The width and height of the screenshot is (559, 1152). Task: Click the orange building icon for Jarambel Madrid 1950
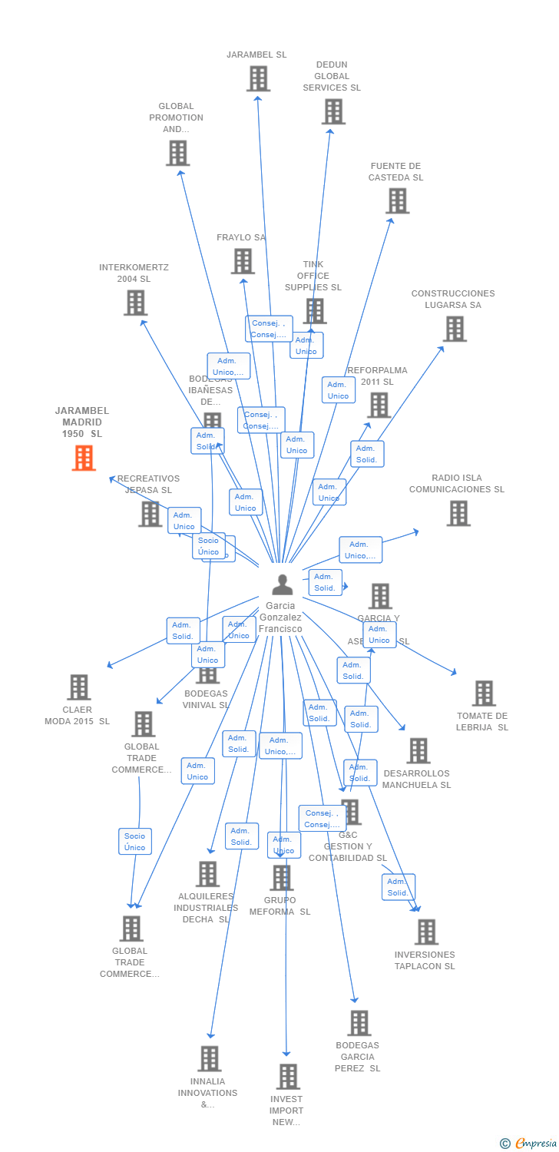(x=84, y=458)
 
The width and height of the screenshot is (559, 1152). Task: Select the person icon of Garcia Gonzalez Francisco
(x=283, y=585)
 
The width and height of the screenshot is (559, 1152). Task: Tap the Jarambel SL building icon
(x=258, y=78)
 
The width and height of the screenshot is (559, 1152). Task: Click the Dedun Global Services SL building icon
(x=332, y=111)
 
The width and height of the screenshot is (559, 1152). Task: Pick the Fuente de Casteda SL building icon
(x=397, y=200)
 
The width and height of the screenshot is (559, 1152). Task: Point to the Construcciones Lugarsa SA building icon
(x=455, y=329)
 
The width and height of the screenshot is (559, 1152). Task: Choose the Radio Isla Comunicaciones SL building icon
(x=458, y=513)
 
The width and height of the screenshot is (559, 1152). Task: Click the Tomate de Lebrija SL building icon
(x=483, y=693)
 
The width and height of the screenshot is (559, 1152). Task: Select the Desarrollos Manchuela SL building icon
(x=418, y=750)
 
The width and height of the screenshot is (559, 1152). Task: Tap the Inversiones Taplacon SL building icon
(x=425, y=932)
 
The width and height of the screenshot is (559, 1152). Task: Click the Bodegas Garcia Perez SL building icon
(x=359, y=1022)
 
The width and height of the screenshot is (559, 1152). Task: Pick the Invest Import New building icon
(x=288, y=1076)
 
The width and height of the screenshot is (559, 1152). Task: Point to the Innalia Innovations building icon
(x=209, y=1058)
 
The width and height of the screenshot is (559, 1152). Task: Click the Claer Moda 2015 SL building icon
(x=78, y=687)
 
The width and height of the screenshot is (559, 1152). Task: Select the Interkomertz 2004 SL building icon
(x=135, y=303)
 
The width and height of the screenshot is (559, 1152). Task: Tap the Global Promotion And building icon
(x=177, y=153)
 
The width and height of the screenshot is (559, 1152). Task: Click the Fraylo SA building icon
(x=243, y=261)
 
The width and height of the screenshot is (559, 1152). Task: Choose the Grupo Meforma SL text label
(x=279, y=906)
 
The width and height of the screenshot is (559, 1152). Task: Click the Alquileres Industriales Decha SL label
(x=205, y=908)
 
